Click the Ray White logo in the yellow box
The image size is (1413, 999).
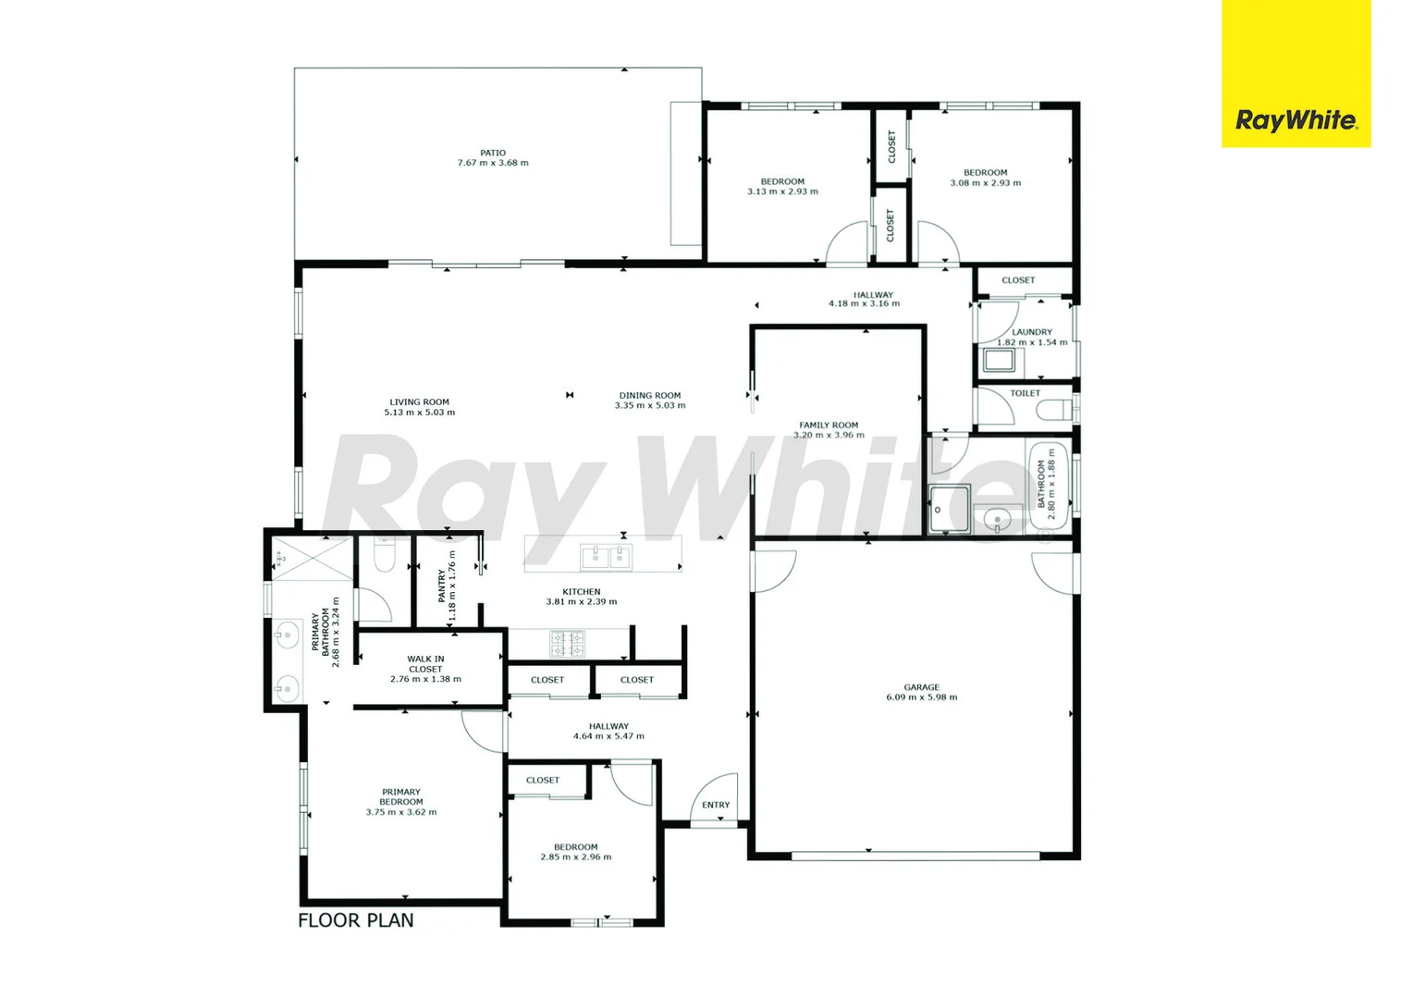1296,120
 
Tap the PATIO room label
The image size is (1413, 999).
493,153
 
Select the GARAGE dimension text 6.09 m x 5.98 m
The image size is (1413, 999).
921,697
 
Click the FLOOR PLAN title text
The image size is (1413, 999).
356,920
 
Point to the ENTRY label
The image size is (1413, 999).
716,805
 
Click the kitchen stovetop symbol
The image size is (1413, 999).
567,644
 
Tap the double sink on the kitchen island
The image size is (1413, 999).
606,556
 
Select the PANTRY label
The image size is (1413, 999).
442,586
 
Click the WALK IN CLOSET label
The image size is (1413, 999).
425,664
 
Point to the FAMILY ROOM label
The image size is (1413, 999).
829,425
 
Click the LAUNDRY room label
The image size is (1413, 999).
1032,332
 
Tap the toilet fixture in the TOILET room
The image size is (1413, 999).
1054,410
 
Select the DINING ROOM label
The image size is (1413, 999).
650,395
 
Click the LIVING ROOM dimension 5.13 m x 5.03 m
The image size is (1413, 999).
420,413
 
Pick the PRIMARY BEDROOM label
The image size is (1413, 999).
401,797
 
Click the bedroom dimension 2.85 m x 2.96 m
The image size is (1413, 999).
576,857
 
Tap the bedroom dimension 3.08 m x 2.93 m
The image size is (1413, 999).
986,183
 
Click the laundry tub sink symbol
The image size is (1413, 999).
999,359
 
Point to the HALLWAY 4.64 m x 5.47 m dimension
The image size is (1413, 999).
608,736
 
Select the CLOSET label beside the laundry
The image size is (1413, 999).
1018,280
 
